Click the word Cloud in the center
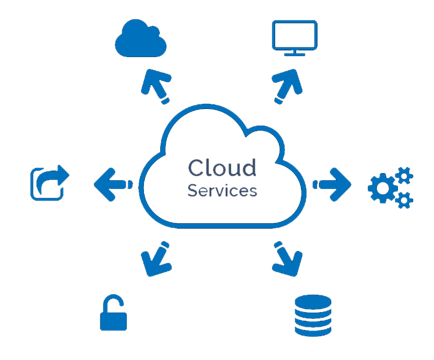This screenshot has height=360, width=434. (x=222, y=168)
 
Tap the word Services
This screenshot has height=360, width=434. (x=222, y=191)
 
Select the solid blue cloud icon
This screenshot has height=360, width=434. (x=141, y=39)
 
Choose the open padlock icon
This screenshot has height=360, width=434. (x=113, y=313)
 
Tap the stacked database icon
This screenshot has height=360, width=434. (x=313, y=315)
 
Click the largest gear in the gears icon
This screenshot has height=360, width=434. (x=383, y=188)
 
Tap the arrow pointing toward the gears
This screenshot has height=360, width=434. (x=333, y=183)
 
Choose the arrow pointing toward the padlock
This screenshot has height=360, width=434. (x=157, y=259)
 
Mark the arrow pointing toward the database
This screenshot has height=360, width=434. (x=287, y=259)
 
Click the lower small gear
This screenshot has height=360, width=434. (x=405, y=199)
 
